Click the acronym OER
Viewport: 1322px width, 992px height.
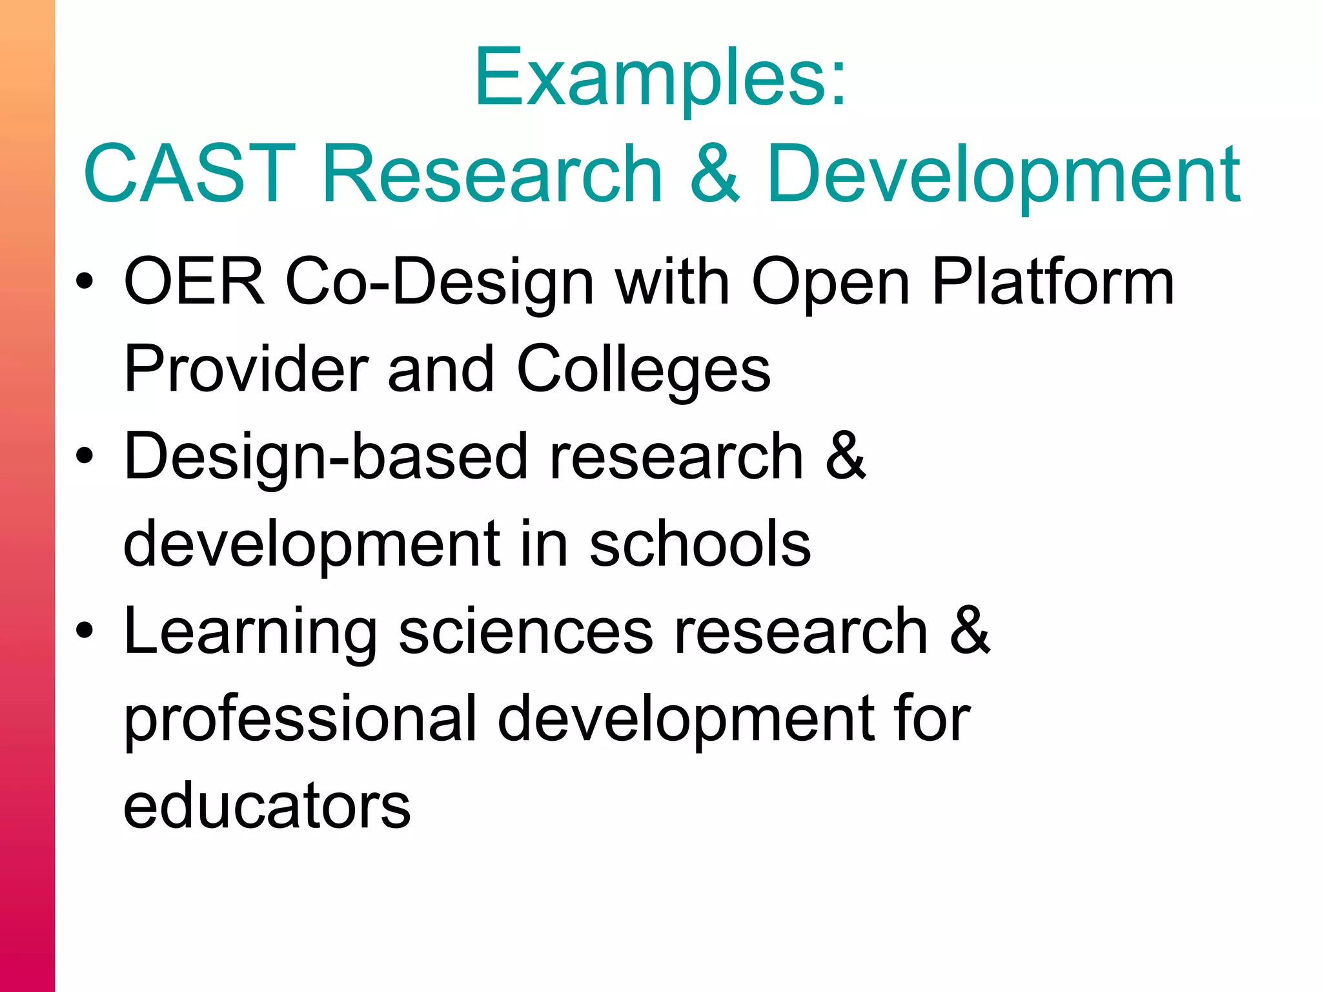(194, 282)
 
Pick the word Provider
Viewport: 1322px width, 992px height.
(246, 369)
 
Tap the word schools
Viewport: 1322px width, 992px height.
(700, 544)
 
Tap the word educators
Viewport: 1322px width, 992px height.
(267, 805)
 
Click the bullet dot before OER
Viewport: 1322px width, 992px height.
(85, 282)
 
